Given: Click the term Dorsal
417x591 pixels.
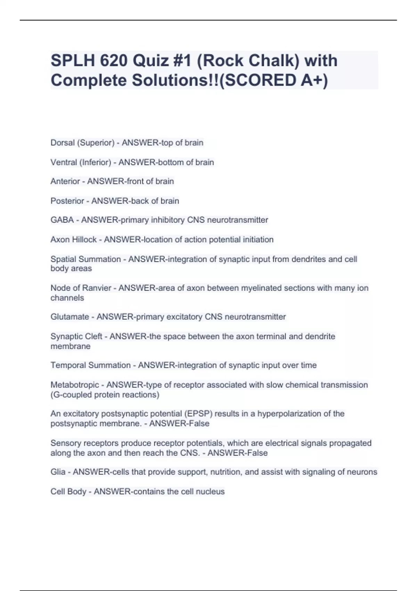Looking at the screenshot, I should (x=63, y=143).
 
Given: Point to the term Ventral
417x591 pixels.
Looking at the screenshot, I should (x=64, y=162).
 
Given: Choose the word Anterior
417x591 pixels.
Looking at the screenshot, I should (x=65, y=181).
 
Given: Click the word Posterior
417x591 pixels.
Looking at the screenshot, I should (x=67, y=201).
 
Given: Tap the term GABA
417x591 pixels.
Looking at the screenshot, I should (x=62, y=220).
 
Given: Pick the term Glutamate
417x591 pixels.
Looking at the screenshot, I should (x=69, y=317).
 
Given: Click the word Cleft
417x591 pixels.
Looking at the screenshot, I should (x=94, y=337).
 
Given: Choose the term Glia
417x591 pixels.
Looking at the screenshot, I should (x=58, y=472).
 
